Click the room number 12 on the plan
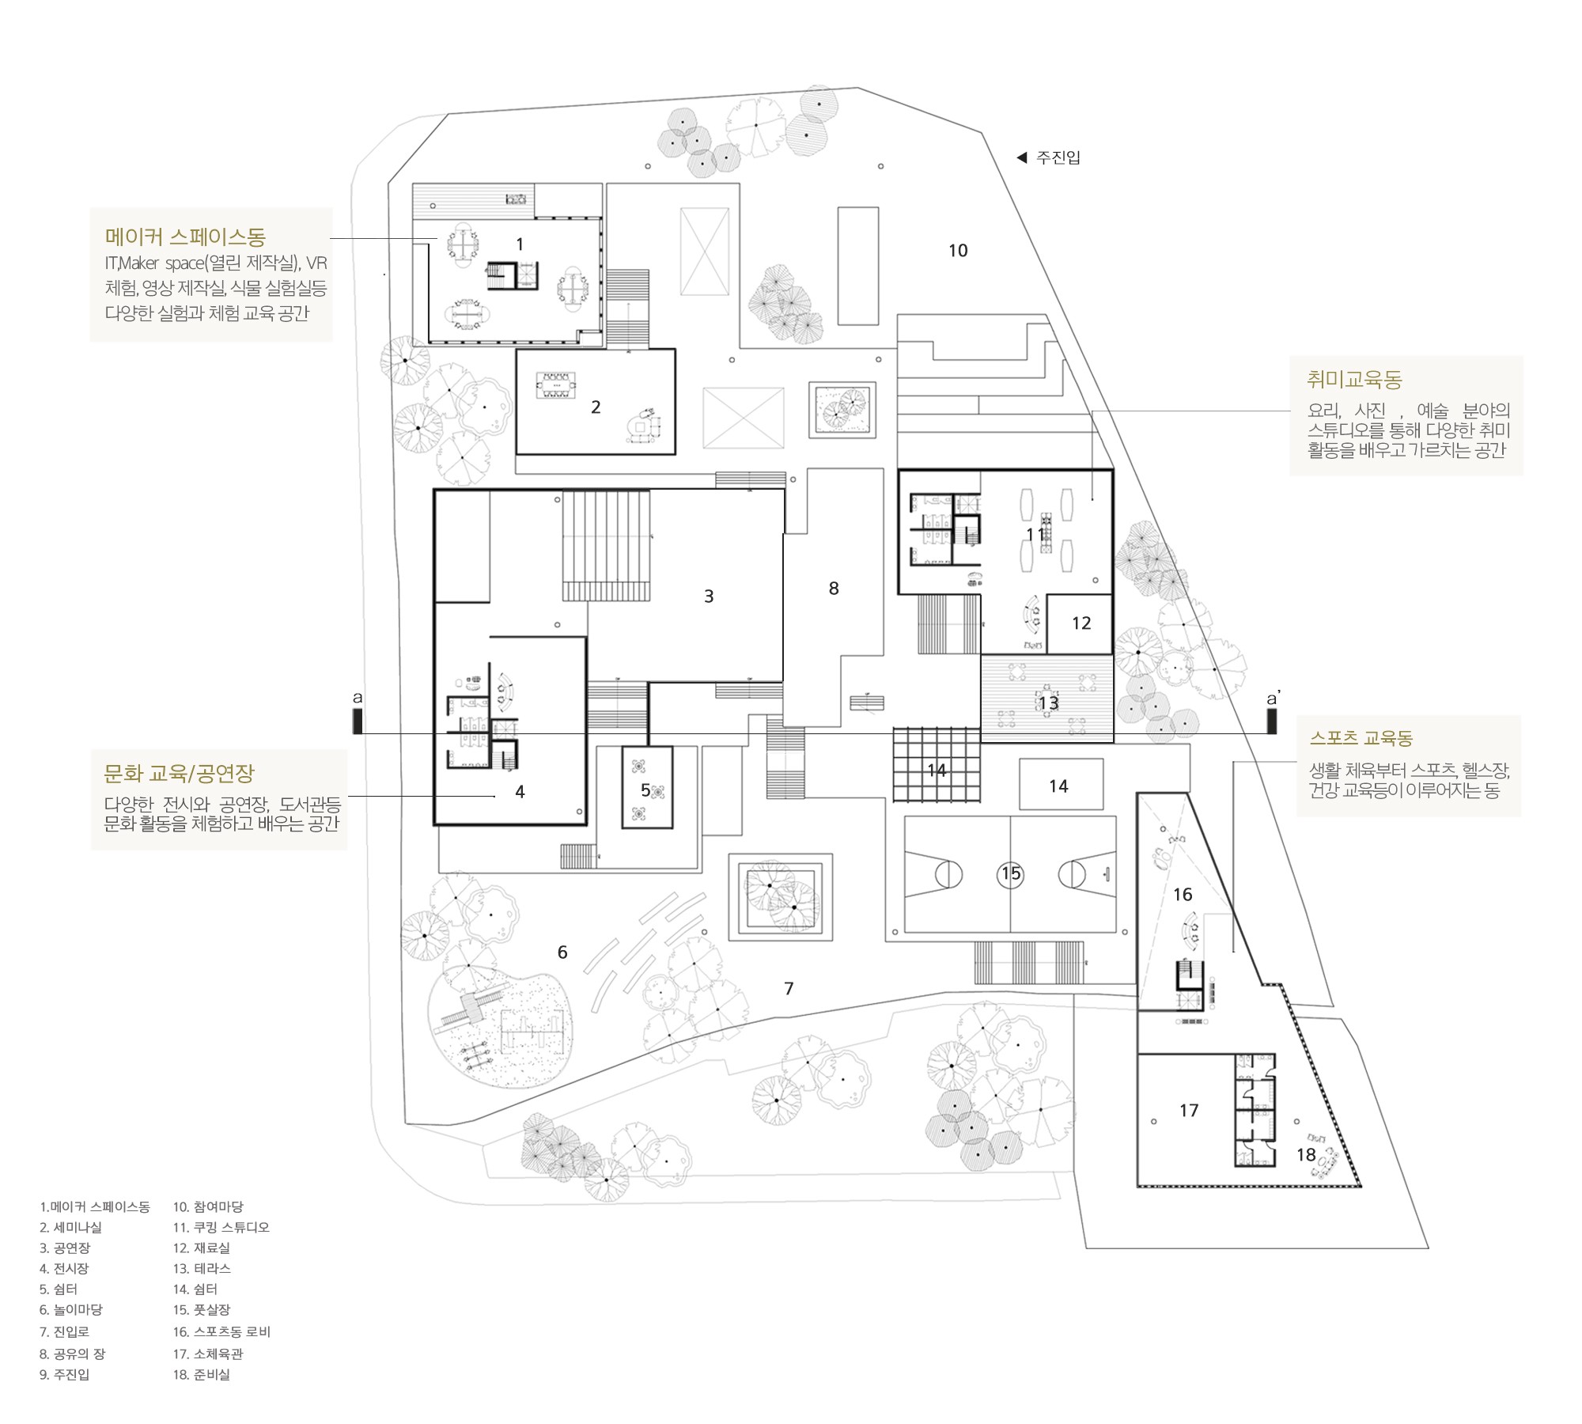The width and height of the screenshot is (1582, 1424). (x=1081, y=623)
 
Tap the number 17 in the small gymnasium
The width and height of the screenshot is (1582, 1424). (x=1189, y=1111)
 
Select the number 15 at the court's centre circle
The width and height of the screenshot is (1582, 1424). (x=1012, y=873)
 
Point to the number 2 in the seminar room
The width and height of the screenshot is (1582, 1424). (x=596, y=407)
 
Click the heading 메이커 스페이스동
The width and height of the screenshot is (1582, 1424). (x=185, y=237)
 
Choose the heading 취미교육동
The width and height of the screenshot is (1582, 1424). (x=1354, y=380)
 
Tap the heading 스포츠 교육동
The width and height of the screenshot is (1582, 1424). (x=1361, y=738)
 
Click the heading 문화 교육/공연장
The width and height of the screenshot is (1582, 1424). (x=180, y=773)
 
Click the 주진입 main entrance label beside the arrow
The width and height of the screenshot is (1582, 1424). (x=1058, y=157)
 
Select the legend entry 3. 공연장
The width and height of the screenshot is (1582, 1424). (x=65, y=1248)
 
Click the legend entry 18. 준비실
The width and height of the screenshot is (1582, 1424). (x=202, y=1374)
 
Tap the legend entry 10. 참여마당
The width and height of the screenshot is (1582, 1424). (x=208, y=1206)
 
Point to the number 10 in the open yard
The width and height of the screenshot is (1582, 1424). (x=958, y=251)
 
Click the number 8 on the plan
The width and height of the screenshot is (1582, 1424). (x=834, y=589)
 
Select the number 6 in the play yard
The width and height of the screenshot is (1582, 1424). (x=562, y=952)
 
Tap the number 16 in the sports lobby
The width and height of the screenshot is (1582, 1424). (x=1183, y=895)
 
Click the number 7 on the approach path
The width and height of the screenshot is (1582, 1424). (x=789, y=989)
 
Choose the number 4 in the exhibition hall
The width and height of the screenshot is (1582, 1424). (x=520, y=792)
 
